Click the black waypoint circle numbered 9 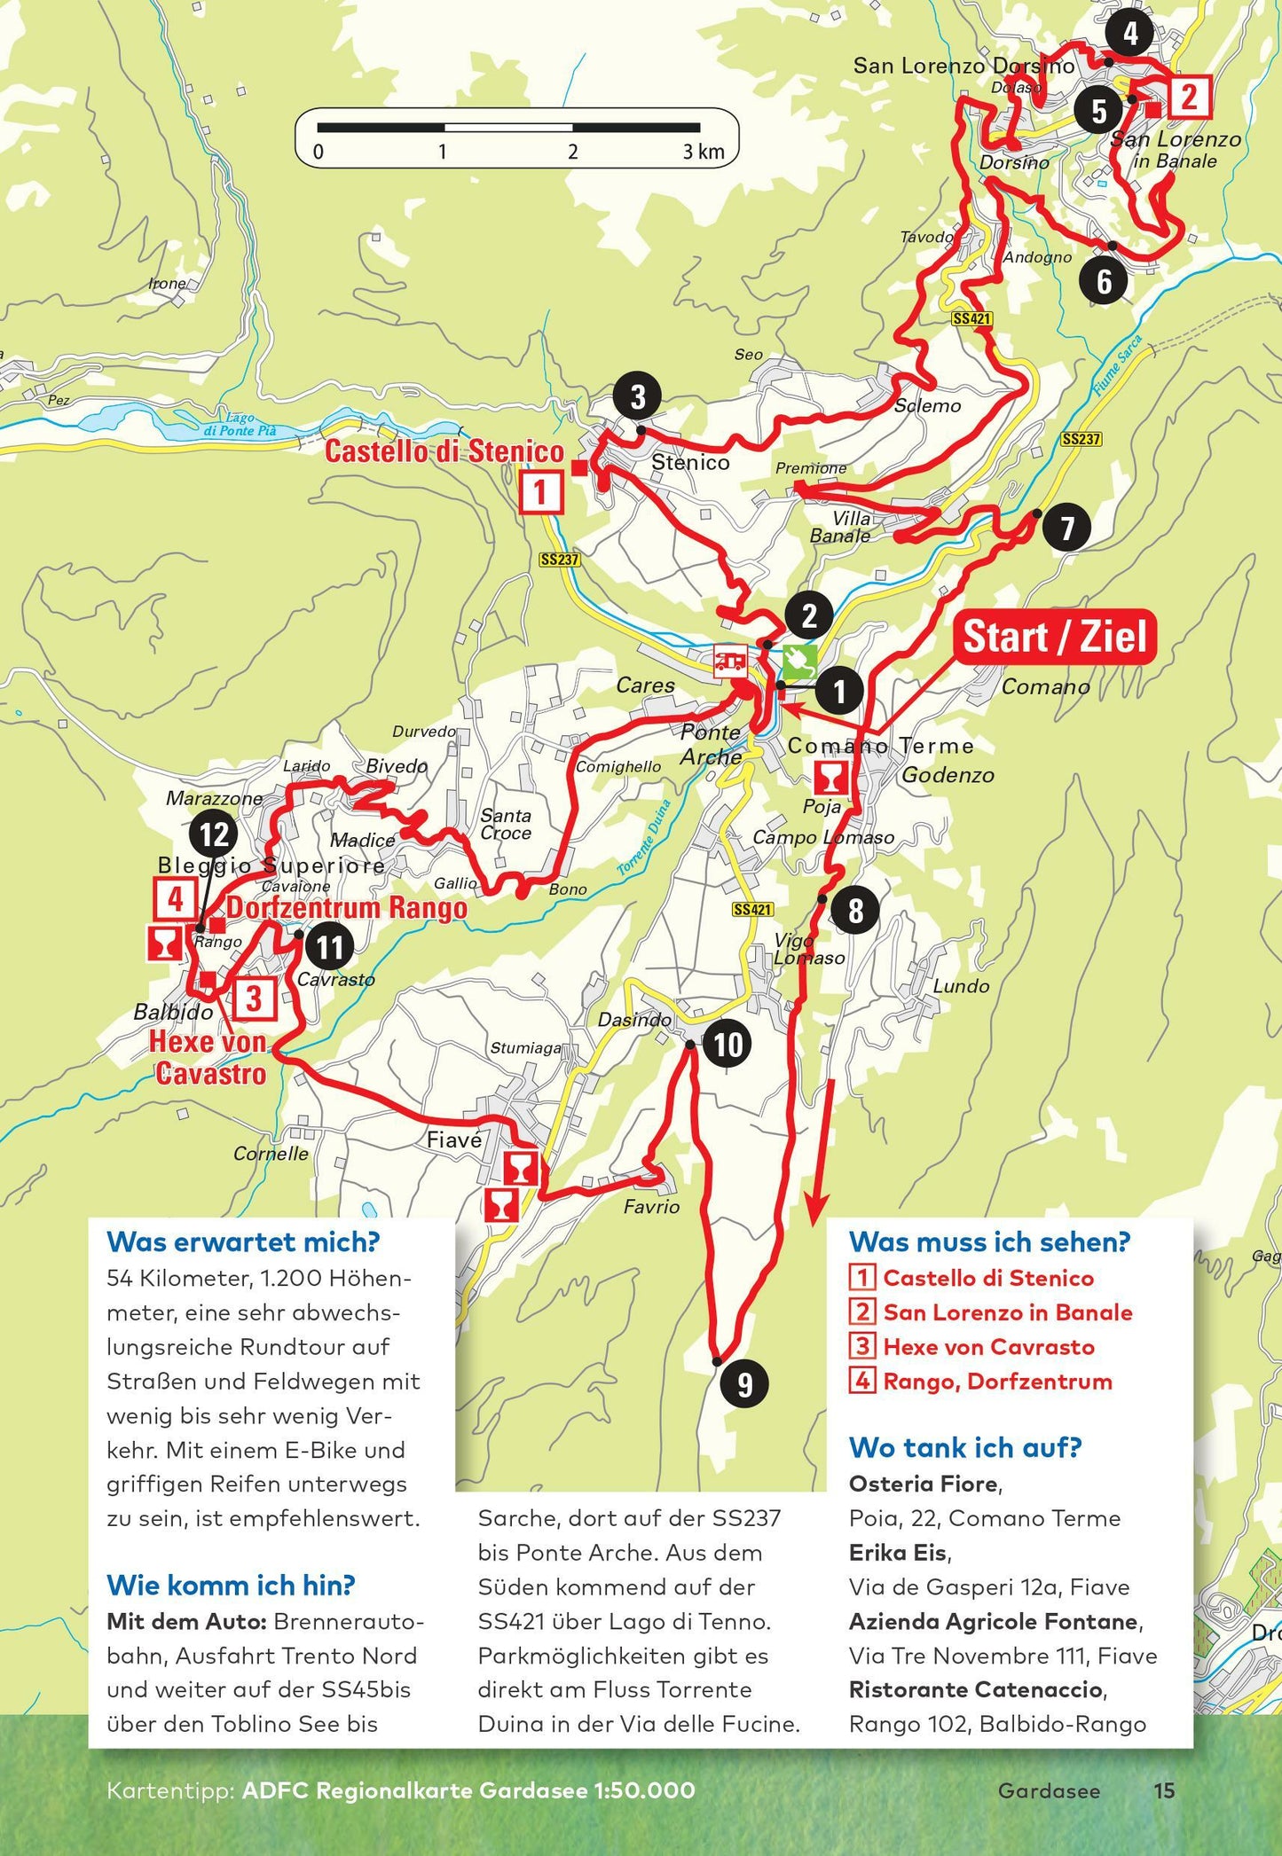745,1382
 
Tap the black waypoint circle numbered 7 1066,529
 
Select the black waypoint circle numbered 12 214,834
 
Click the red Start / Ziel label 1055,637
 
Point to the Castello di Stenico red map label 444,451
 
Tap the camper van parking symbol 731,661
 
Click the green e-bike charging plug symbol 799,660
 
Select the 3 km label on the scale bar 704,152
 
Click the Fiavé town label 454,1140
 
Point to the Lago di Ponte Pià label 240,425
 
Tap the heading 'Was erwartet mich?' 242,1242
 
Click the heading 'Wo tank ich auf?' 965,1448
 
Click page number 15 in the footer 1164,1790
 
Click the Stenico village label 690,462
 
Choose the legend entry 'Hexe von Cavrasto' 988,1347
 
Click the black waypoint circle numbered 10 728,1044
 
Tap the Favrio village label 651,1206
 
